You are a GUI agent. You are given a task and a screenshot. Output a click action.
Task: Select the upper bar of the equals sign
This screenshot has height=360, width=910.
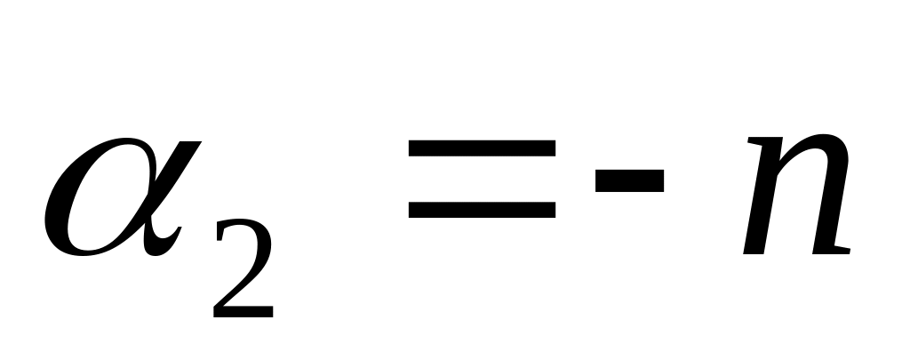[482, 152]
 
